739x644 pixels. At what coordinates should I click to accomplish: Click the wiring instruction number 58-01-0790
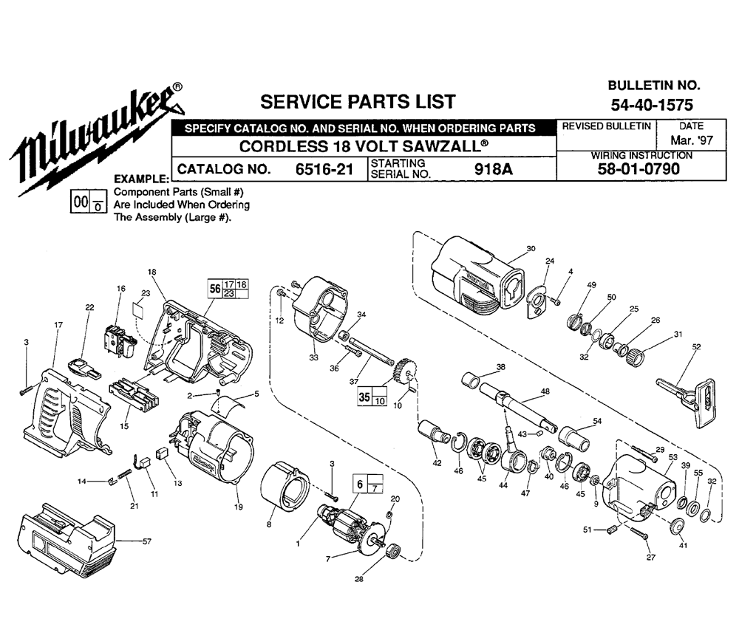(640, 169)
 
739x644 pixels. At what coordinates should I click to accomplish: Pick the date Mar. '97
(687, 139)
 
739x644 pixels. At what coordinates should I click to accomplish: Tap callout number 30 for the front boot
(530, 249)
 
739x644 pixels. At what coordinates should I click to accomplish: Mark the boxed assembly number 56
(214, 290)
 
